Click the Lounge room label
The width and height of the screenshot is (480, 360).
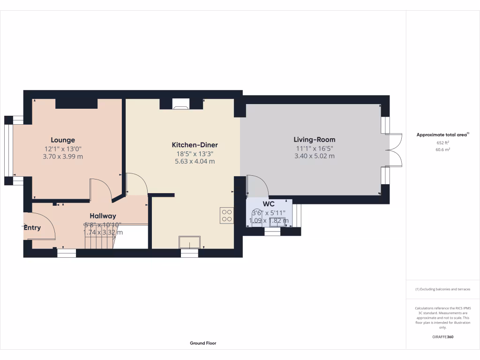[x=63, y=140]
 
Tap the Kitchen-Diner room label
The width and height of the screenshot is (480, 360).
[x=195, y=145]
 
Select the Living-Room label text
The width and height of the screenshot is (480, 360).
[x=314, y=139]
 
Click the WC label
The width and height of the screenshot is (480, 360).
[x=269, y=204]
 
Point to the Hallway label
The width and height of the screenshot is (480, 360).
[x=103, y=216]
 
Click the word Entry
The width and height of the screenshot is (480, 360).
[x=32, y=228]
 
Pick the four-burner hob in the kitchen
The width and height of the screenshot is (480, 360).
[x=226, y=215]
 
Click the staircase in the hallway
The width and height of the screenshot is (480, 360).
[x=99, y=242]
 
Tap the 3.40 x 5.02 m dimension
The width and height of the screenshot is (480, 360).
[x=314, y=156]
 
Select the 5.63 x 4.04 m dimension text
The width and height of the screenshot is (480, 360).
[x=195, y=161]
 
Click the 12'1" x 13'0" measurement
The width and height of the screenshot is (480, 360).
[x=63, y=149]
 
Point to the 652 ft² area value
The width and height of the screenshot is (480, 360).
[x=442, y=142]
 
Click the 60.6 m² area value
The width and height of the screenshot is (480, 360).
[x=442, y=150]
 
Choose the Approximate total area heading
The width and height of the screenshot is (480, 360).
[x=442, y=135]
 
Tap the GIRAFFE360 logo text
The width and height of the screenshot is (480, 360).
[x=442, y=337]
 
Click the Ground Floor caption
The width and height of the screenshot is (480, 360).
[x=203, y=343]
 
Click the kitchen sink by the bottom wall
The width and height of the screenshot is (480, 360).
[x=190, y=242]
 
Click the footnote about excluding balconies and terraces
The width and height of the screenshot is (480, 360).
[x=442, y=289]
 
